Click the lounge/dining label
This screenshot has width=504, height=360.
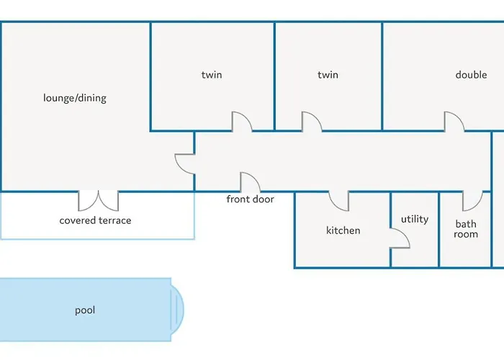click(x=75, y=98)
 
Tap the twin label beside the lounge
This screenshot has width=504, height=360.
click(x=212, y=75)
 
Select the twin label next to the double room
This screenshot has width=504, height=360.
click(x=328, y=75)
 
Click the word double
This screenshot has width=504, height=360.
click(x=471, y=75)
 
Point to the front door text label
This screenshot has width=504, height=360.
click(x=250, y=199)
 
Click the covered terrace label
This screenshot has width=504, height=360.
click(x=95, y=220)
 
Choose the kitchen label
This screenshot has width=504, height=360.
click(x=343, y=230)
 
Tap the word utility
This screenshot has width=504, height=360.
click(x=414, y=219)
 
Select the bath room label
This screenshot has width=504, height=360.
click(x=466, y=229)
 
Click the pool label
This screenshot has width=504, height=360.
click(x=85, y=310)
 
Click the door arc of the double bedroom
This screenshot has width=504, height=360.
click(x=454, y=122)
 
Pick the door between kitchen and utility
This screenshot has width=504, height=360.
click(x=400, y=239)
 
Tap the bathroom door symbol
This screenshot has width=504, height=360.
click(x=472, y=199)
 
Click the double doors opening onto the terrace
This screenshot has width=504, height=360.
click(x=98, y=199)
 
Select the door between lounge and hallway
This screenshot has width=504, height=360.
click(x=185, y=163)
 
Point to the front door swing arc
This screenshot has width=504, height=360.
click(x=250, y=182)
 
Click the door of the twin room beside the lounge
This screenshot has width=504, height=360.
click(x=241, y=122)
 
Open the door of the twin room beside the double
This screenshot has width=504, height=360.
click(x=311, y=122)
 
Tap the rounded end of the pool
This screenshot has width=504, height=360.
click(x=176, y=310)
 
